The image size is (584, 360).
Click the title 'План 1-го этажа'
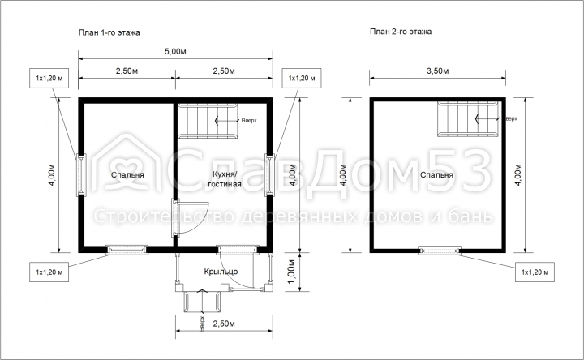click(x=109, y=32)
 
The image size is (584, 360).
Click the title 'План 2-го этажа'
click(x=401, y=32)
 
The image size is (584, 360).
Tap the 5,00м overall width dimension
click(x=175, y=51)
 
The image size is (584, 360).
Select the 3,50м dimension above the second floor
click(x=438, y=71)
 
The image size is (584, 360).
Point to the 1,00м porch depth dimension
click(x=292, y=271)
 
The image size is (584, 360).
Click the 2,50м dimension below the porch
click(x=224, y=324)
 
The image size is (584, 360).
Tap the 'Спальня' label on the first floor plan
click(x=127, y=174)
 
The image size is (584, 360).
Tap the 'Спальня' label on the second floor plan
click(x=436, y=174)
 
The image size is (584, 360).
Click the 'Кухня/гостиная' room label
click(x=225, y=179)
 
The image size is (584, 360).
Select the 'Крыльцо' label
click(x=221, y=272)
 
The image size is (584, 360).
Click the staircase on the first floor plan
click(x=207, y=120)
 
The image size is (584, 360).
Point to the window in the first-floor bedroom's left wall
click(x=81, y=174)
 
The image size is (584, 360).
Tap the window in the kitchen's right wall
click(x=269, y=174)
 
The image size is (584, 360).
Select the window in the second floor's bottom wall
click(x=440, y=251)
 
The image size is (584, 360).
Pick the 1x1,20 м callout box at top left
click(x=49, y=78)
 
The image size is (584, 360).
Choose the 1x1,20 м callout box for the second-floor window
click(x=535, y=272)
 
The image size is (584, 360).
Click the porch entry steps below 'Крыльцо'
click(x=201, y=301)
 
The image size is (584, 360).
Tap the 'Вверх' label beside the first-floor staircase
click(x=249, y=120)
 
